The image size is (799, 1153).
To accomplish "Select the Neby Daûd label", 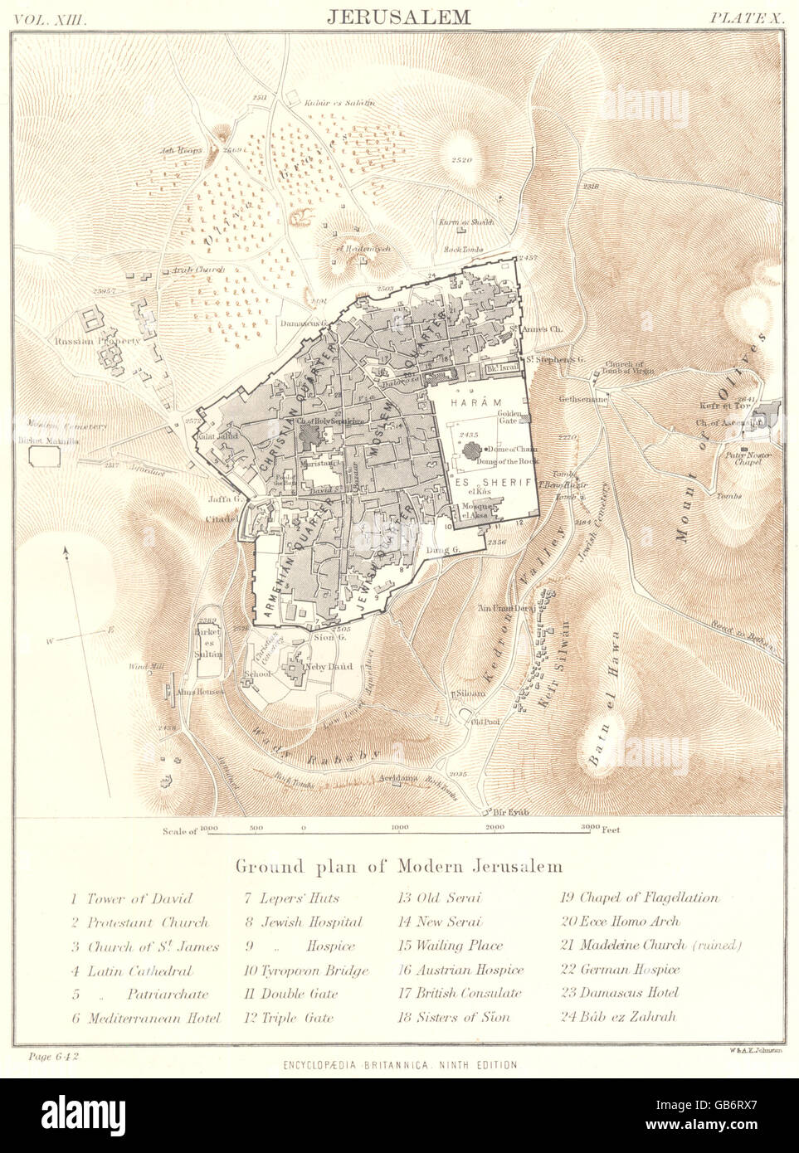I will pos(333,667).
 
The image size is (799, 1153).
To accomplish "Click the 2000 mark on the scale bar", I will pos(495,829).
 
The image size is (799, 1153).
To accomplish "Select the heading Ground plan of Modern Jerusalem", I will pos(399,866).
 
